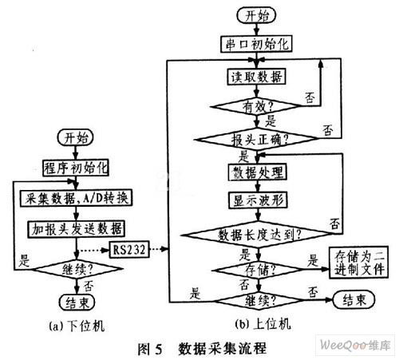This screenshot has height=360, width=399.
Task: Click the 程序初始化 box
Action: [76, 168]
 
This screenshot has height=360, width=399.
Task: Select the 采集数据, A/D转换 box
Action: [76, 199]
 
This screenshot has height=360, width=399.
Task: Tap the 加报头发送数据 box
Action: [77, 229]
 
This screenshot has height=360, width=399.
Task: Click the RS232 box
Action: [129, 250]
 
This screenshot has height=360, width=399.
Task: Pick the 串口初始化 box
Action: [256, 44]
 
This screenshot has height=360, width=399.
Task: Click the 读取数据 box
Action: [256, 77]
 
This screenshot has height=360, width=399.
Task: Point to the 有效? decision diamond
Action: [256, 106]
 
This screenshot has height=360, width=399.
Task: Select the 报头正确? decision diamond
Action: [256, 139]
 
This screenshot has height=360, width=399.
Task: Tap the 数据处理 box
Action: [258, 172]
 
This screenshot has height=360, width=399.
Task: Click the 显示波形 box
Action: [258, 200]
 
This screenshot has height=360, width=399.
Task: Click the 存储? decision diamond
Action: [258, 270]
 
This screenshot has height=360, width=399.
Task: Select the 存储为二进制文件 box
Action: [358, 263]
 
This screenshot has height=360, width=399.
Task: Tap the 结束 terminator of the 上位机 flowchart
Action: [354, 300]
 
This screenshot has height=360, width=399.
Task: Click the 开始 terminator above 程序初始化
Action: [75, 137]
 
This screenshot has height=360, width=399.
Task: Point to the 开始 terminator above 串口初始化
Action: [256, 15]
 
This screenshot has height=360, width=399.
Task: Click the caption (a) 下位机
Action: [77, 326]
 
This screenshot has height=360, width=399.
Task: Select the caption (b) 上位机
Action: [263, 324]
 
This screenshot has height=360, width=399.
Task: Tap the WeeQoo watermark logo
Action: [355, 345]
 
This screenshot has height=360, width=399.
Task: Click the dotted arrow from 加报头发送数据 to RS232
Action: [93, 250]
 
